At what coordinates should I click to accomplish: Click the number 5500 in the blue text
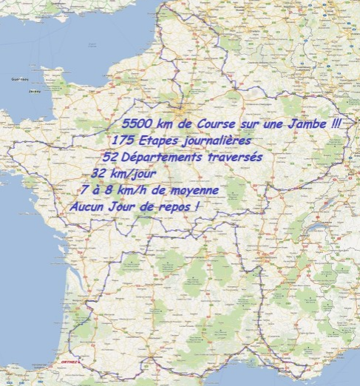(139, 124)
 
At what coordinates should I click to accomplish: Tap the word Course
(215, 124)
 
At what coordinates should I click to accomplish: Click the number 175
(123, 140)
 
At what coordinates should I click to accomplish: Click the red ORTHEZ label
(69, 362)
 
